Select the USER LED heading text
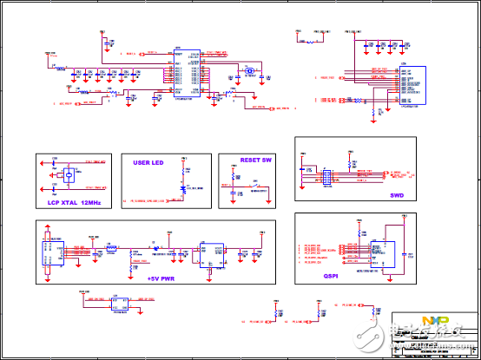[x=148, y=162]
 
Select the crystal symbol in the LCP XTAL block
[x=63, y=176]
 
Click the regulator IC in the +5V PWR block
[x=209, y=251]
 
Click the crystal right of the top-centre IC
[x=249, y=71]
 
